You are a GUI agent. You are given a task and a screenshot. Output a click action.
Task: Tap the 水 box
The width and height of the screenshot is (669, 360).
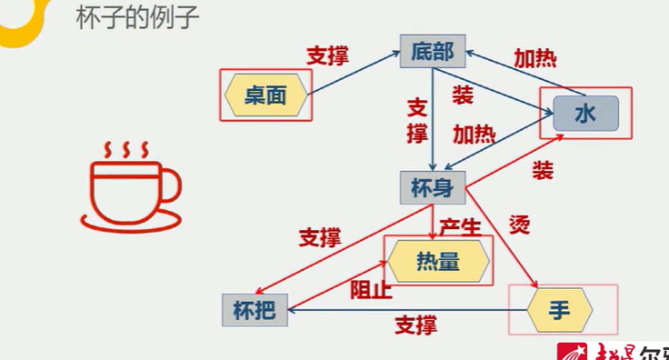(x=584, y=115)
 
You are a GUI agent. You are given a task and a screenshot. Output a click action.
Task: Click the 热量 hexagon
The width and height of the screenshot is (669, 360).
(x=438, y=261)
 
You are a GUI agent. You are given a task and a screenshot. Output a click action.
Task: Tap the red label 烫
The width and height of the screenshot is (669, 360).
(x=519, y=225)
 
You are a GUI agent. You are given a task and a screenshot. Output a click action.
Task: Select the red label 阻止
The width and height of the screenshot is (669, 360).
(x=372, y=290)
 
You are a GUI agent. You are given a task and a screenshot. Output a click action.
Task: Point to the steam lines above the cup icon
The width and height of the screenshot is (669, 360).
(x=125, y=148)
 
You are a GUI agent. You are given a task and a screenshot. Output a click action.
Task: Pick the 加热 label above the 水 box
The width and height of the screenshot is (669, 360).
(x=535, y=59)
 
